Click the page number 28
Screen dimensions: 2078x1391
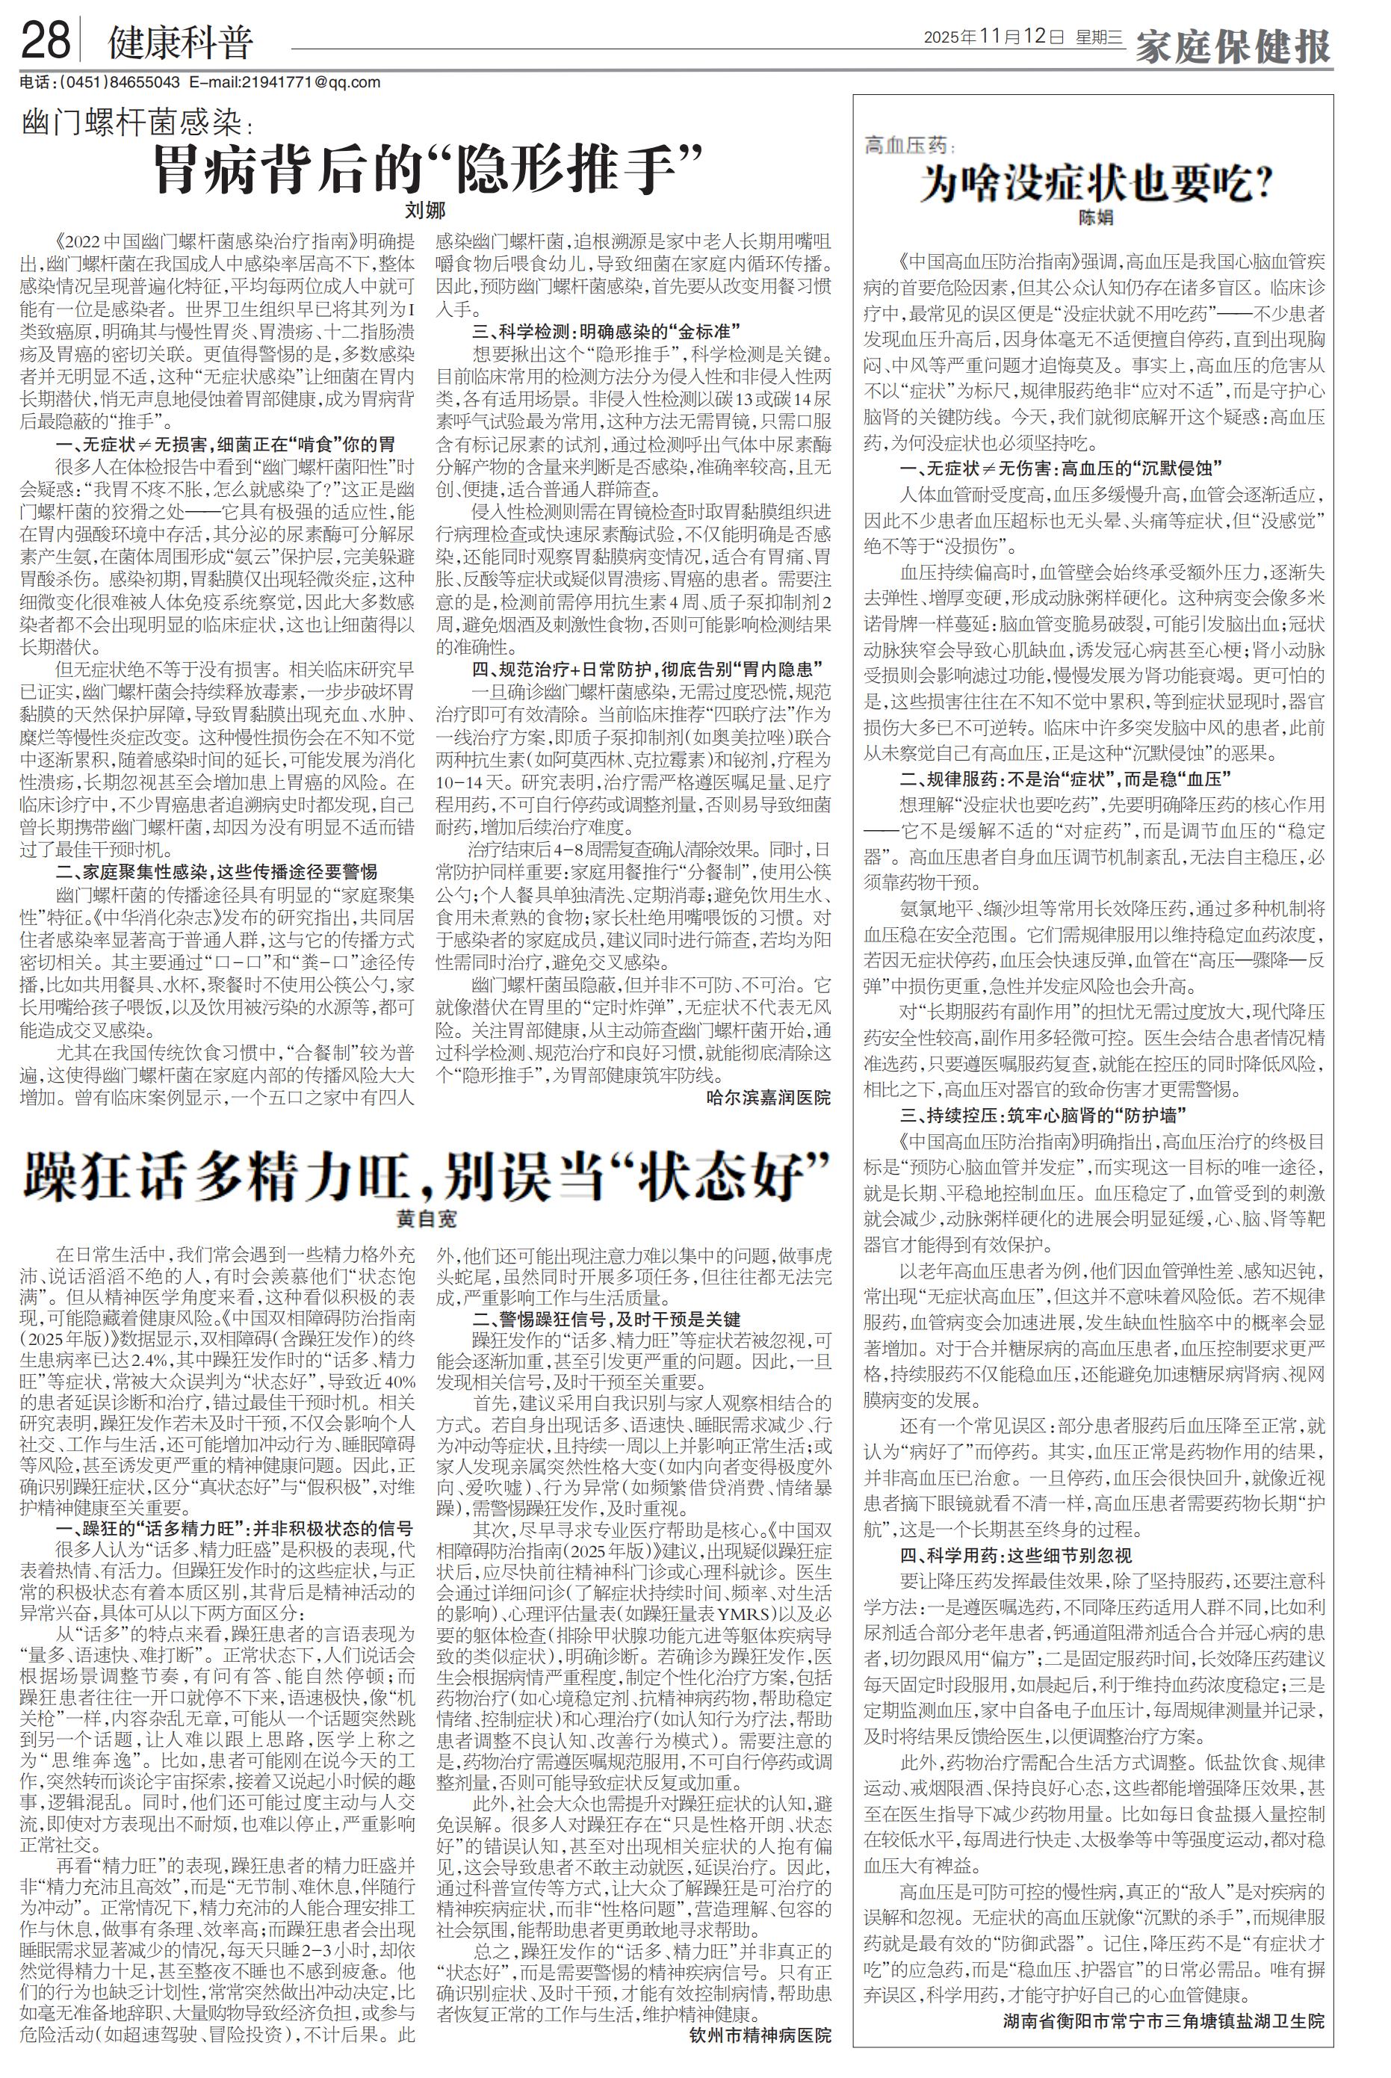46,41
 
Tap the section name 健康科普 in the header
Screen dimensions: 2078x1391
180,42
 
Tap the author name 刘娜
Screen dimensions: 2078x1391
425,211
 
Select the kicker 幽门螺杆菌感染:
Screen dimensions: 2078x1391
137,125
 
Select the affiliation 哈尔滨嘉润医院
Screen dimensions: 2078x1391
768,1098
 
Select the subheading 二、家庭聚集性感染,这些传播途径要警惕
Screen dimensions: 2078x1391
217,871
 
